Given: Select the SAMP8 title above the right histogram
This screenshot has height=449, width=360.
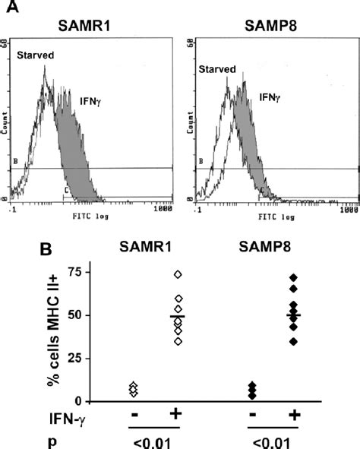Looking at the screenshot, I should coord(270,26).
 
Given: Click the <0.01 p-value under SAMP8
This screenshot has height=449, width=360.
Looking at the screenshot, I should coord(270,440).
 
